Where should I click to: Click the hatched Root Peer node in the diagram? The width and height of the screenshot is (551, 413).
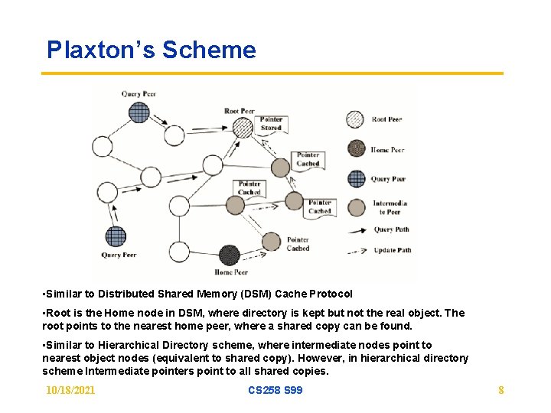[x=243, y=128]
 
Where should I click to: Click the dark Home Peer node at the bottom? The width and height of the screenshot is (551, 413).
[x=229, y=255]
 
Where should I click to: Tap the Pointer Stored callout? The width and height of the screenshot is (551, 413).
[x=271, y=124]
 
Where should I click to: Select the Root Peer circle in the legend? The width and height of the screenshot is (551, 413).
[x=355, y=120]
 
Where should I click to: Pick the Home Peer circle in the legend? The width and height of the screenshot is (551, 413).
[x=355, y=149]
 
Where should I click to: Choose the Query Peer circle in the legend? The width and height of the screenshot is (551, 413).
[x=356, y=179]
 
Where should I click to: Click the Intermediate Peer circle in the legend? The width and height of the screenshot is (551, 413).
[x=356, y=207]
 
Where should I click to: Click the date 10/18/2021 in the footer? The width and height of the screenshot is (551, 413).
[x=70, y=391]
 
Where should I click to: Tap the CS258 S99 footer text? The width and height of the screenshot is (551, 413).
[x=275, y=391]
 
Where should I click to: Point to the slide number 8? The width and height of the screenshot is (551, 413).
[x=500, y=391]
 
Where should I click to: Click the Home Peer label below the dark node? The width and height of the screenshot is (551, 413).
[x=230, y=272]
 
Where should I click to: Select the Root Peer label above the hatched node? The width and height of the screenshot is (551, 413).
[x=239, y=111]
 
